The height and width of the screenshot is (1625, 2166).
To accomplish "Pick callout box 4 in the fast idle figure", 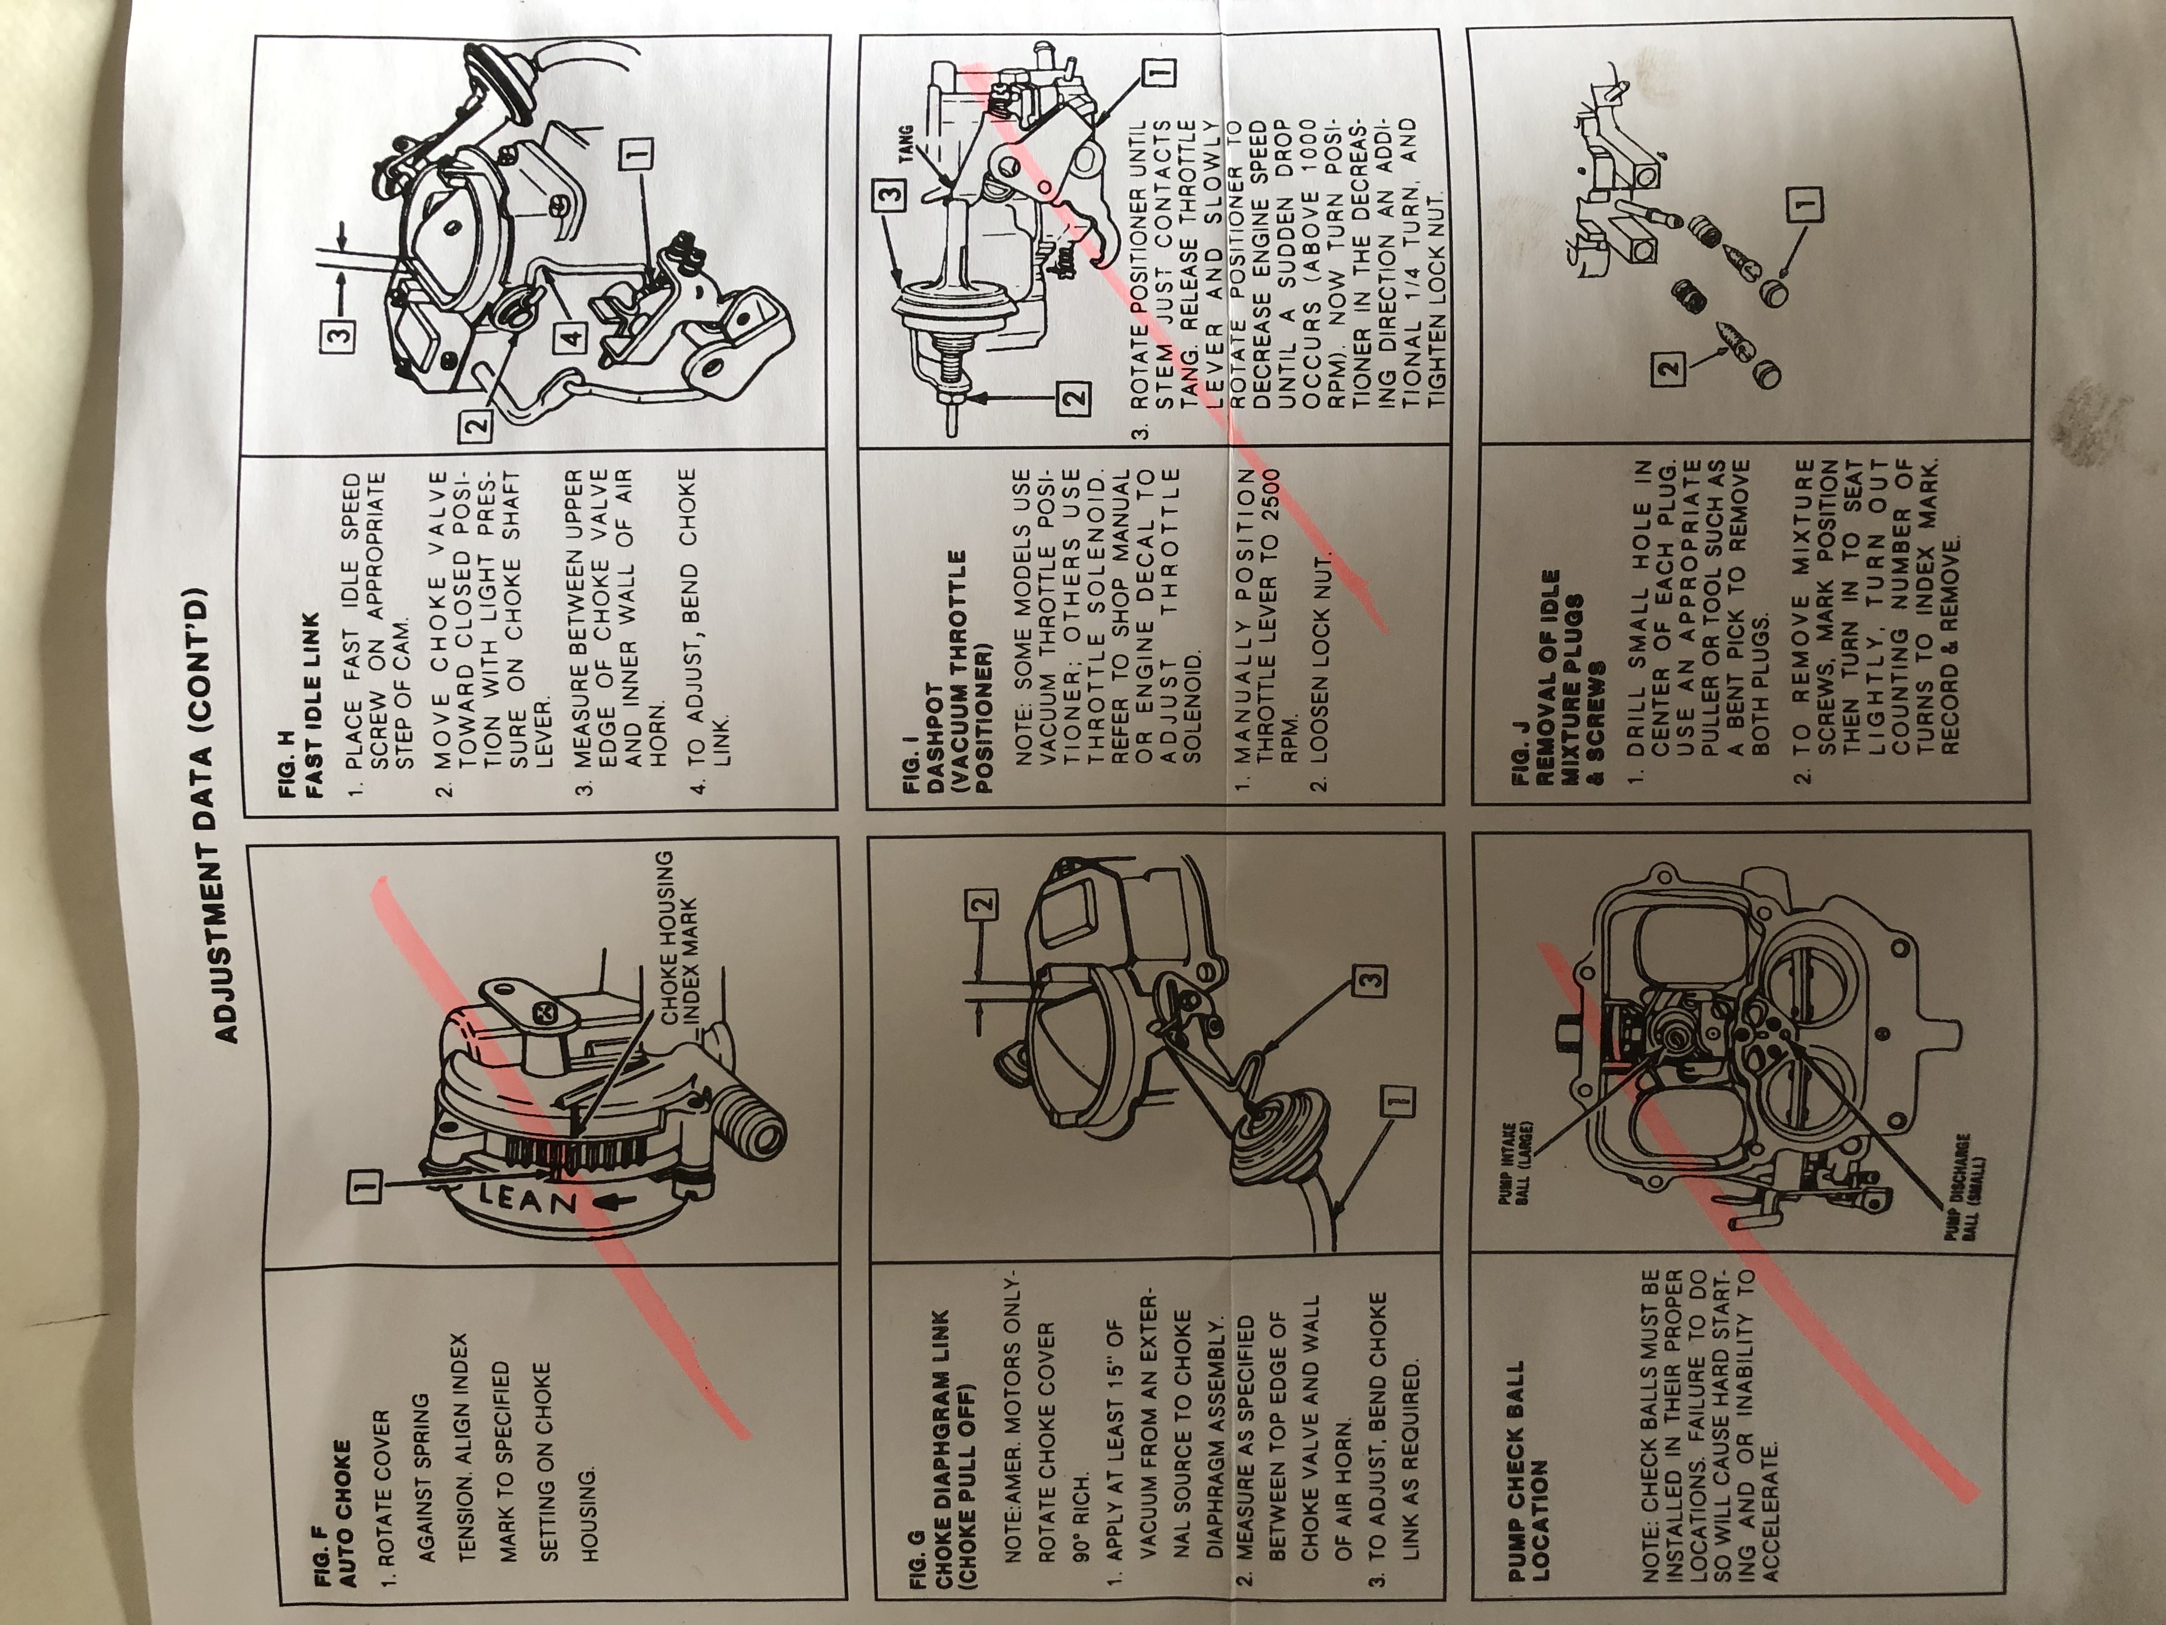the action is point(571,336).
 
